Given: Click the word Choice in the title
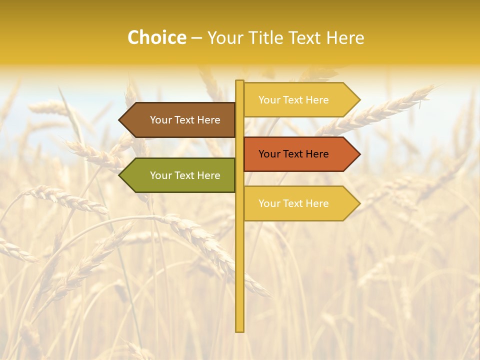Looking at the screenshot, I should click(x=157, y=37).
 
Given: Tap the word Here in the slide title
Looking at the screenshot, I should click(x=345, y=37).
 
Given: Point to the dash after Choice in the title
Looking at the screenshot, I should click(x=196, y=38).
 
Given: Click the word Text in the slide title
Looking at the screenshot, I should click(x=307, y=37).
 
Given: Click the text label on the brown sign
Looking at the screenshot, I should click(x=185, y=120).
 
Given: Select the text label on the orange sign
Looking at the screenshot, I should click(x=293, y=154).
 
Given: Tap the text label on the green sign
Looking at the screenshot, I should click(x=185, y=175).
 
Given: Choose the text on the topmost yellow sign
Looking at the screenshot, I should click(x=293, y=100).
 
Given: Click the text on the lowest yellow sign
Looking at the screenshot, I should click(x=293, y=203).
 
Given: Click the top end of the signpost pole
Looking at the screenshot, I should click(x=239, y=81).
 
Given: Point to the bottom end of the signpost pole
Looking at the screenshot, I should click(x=239, y=330).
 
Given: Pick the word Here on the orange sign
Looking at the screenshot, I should click(x=316, y=154).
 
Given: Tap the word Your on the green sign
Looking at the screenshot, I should click(x=160, y=175).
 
